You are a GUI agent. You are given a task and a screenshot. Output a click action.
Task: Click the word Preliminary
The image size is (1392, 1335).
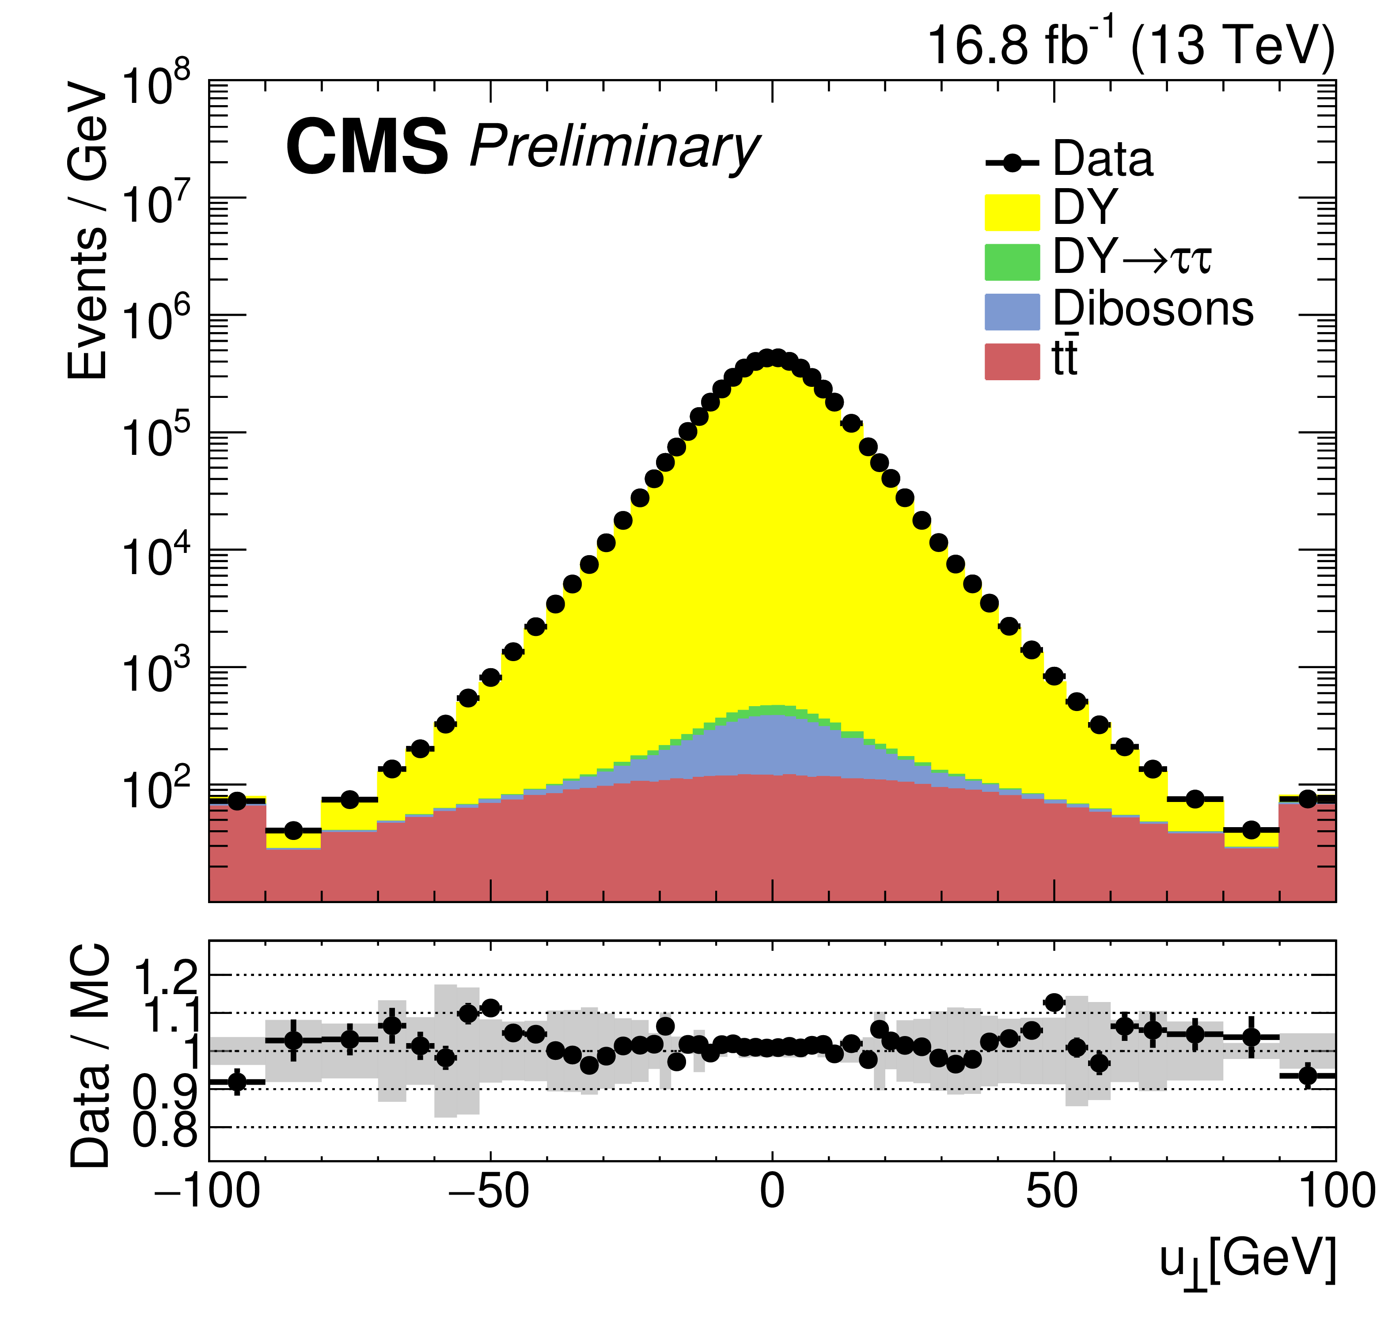pyautogui.click(x=614, y=147)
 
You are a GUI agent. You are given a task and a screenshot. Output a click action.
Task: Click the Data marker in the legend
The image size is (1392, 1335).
pyautogui.click(x=1012, y=163)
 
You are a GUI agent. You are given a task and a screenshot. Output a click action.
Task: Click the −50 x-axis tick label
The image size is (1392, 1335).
pyautogui.click(x=489, y=1191)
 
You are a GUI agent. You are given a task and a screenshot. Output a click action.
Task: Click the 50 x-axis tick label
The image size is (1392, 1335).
pyautogui.click(x=1053, y=1191)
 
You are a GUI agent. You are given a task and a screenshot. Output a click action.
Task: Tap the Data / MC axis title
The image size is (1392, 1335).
pyautogui.click(x=91, y=1056)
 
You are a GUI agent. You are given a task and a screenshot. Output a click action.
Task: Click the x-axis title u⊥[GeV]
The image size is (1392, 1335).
pyautogui.click(x=1248, y=1260)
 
